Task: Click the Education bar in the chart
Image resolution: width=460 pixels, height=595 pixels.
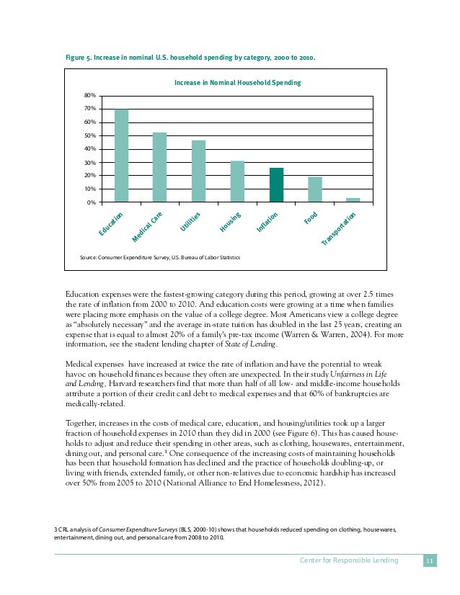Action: click(122, 156)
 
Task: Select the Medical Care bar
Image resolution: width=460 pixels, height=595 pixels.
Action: click(160, 167)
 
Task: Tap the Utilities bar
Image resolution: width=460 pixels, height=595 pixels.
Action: click(199, 171)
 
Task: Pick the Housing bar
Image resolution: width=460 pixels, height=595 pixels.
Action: click(237, 182)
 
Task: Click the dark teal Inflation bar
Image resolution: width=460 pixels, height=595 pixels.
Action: click(276, 185)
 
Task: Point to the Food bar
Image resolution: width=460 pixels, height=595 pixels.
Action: click(314, 189)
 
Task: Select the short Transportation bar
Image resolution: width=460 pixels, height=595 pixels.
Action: click(353, 200)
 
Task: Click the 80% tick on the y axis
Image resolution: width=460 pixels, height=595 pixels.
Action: click(89, 95)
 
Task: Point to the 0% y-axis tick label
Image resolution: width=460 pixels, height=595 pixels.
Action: click(91, 202)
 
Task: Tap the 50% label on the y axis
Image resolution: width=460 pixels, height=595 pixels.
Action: click(89, 135)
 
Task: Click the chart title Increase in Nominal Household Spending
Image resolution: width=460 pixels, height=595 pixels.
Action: click(237, 83)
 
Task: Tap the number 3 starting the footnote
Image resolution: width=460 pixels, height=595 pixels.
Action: click(56, 529)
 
